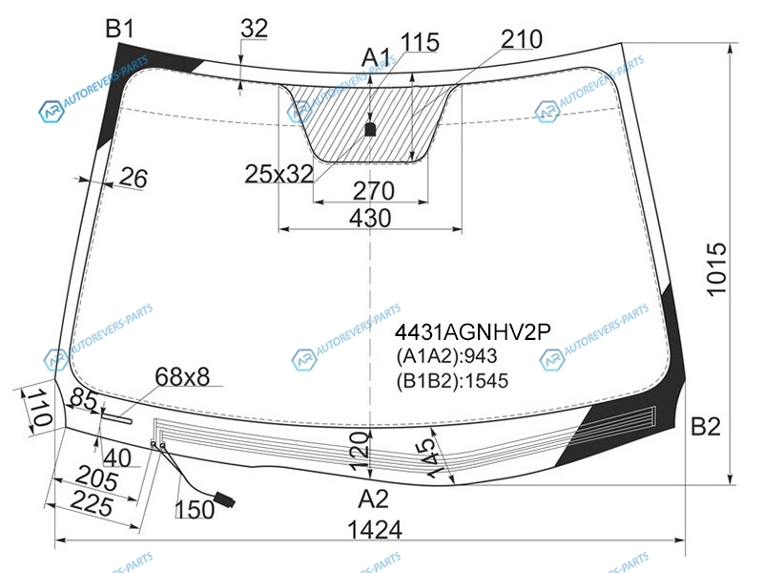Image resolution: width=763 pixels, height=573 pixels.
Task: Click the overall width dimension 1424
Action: tap(375, 530)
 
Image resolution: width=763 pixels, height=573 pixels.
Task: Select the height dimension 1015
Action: tap(716, 269)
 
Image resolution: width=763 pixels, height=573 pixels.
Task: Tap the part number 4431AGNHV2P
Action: tap(472, 332)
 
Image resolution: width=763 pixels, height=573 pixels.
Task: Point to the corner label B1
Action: tap(120, 29)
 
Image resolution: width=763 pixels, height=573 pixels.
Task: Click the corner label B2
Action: tap(705, 427)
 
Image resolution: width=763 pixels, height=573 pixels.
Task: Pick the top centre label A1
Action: tap(376, 58)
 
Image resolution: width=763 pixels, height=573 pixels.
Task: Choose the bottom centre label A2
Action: tap(373, 499)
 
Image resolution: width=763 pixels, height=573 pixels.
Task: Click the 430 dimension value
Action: tap(370, 219)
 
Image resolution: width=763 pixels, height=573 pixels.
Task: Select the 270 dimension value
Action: tap(373, 191)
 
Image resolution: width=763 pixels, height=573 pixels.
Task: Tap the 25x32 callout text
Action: tap(278, 174)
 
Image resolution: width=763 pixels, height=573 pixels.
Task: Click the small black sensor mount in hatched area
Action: tap(370, 129)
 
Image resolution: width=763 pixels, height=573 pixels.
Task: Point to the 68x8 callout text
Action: tap(182, 376)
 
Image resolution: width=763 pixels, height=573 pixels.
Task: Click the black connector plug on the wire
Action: tap(224, 499)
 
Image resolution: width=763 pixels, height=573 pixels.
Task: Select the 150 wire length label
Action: tap(195, 510)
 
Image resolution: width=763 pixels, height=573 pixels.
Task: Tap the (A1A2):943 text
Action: tap(446, 356)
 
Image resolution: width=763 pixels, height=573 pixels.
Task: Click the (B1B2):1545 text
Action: tap(452, 380)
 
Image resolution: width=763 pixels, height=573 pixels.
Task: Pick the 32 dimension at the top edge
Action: tap(254, 29)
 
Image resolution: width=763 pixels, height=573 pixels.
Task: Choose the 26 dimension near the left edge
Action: tap(133, 178)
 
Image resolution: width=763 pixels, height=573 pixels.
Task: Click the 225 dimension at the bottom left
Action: tap(92, 503)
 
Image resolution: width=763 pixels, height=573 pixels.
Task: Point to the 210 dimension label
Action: tap(522, 39)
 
